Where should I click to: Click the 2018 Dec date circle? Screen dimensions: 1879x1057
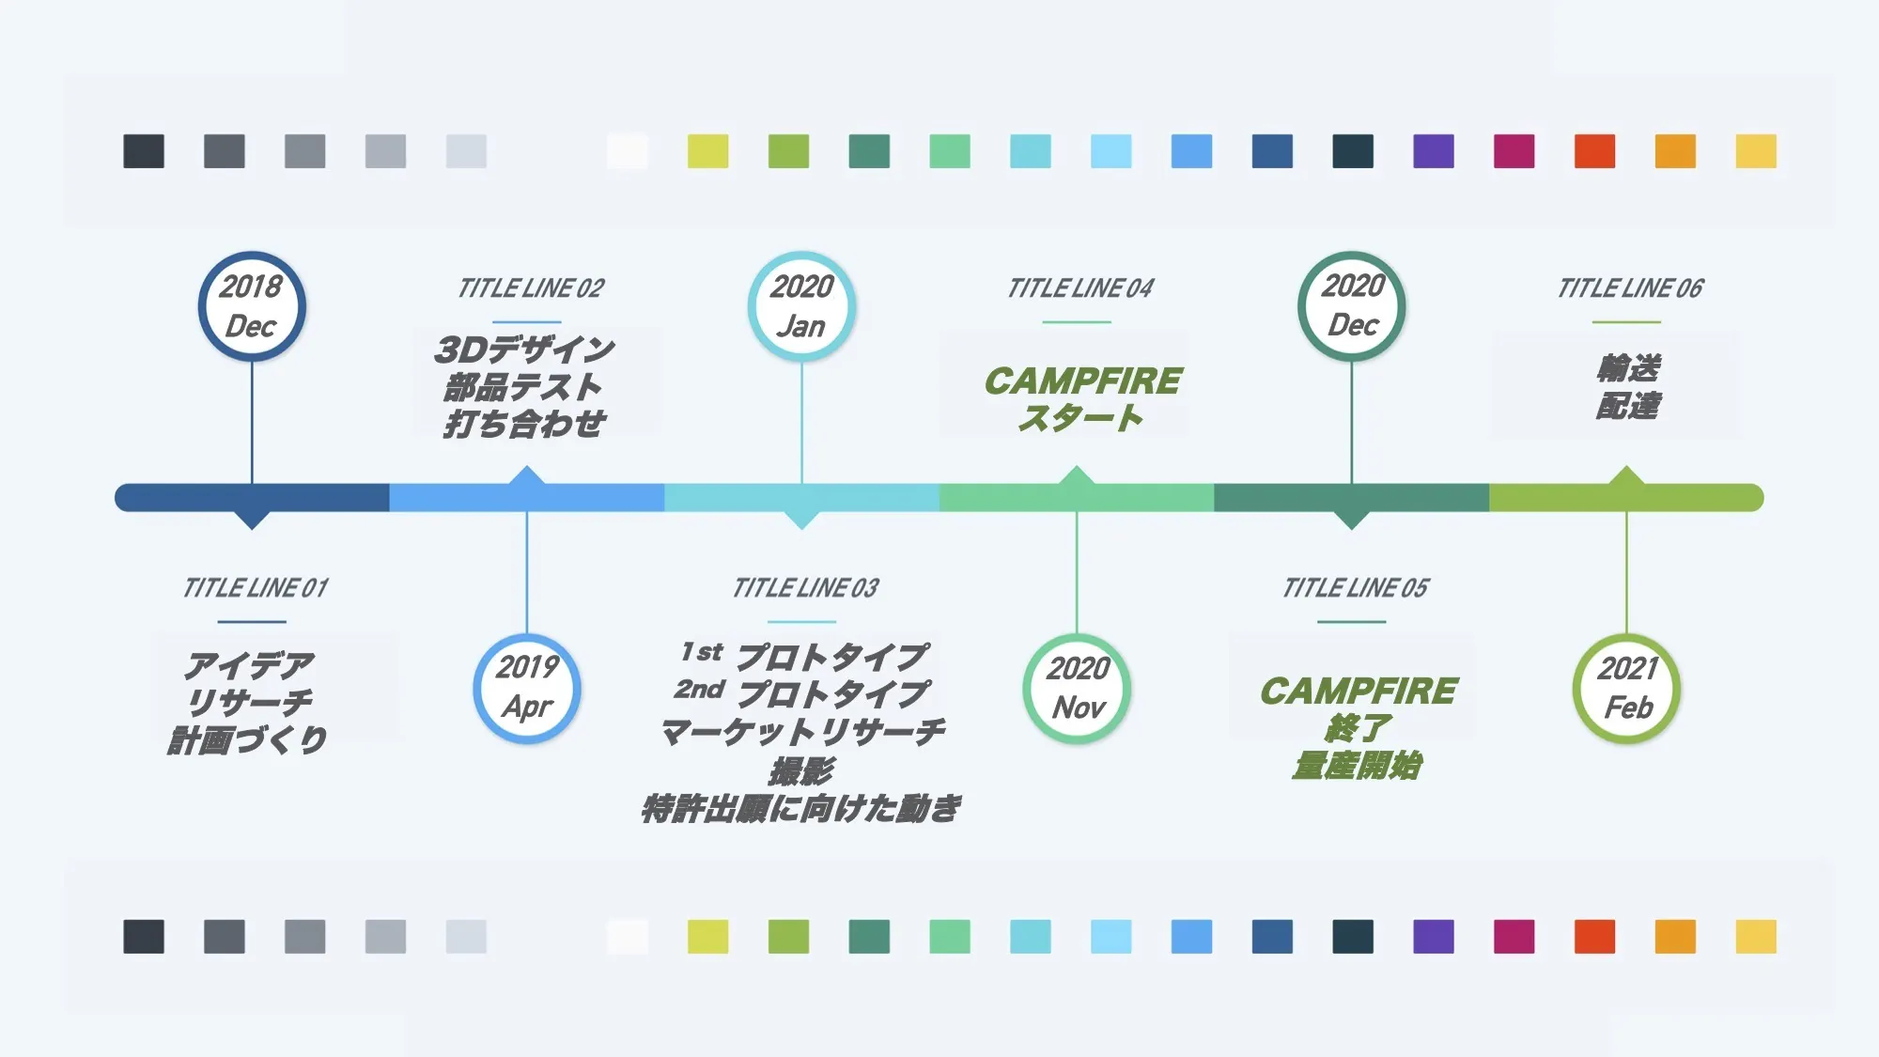coord(252,306)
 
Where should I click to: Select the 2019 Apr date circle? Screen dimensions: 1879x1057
coord(527,689)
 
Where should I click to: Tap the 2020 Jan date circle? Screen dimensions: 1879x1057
coord(801,306)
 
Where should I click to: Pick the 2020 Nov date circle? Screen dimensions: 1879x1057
coord(1077,689)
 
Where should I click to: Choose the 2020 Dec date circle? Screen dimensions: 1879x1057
coord(1352,306)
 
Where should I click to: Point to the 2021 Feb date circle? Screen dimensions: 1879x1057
coord(1627,689)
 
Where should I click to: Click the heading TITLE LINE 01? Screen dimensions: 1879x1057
coord(256,588)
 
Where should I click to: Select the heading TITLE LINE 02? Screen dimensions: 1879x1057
coord(531,288)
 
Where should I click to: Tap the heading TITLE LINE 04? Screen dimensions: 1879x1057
coord(1080,288)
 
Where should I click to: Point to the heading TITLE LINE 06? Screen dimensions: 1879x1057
coord(1630,288)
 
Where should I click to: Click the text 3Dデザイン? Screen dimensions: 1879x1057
coord(524,350)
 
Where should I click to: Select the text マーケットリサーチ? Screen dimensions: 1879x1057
coord(803,732)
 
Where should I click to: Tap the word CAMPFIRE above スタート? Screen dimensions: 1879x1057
coord(1083,381)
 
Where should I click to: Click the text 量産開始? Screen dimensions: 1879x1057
coord(1357,766)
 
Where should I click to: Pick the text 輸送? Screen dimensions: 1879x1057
coord(1629,367)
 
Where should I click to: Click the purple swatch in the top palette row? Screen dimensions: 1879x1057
coord(1434,151)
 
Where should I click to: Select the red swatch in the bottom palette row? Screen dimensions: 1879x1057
coord(1595,937)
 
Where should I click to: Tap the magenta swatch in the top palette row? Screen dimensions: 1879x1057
coord(1514,151)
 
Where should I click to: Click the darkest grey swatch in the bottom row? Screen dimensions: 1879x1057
coord(144,937)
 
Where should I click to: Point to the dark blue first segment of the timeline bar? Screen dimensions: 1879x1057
coord(252,498)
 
